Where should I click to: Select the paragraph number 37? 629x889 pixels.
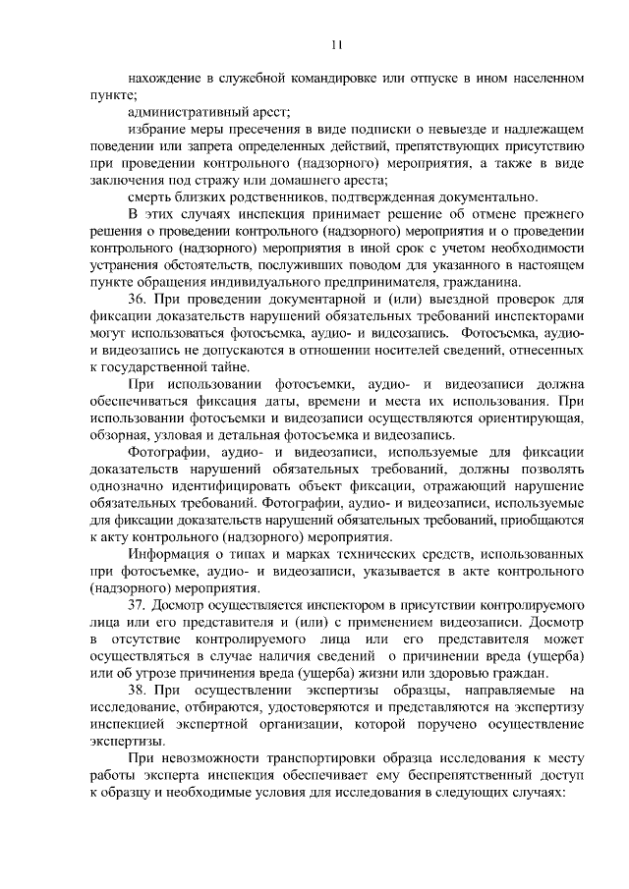(139, 605)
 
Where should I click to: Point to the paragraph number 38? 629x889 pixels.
(139, 691)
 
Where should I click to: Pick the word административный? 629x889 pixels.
(187, 112)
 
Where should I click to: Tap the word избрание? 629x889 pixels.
(156, 130)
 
